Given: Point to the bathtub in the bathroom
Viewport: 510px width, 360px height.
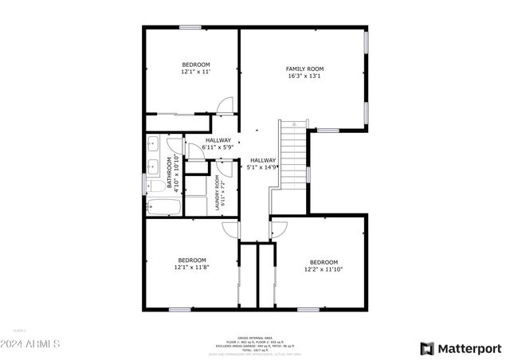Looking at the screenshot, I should pyautogui.click(x=164, y=209).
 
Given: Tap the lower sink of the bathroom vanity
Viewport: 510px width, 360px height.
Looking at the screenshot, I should pyautogui.click(x=153, y=167).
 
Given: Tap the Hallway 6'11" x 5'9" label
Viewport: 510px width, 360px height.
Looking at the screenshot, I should pyautogui.click(x=218, y=143).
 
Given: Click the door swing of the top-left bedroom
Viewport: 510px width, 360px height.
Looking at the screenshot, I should pyautogui.click(x=227, y=106).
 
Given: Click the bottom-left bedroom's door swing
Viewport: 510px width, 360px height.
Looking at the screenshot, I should pyautogui.click(x=230, y=229).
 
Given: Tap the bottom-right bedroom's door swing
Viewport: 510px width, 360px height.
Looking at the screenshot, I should pyautogui.click(x=279, y=229).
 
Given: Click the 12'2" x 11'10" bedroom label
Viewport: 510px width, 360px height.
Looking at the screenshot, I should pyautogui.click(x=324, y=266).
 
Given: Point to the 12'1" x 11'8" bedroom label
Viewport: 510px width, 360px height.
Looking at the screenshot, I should pyautogui.click(x=191, y=264).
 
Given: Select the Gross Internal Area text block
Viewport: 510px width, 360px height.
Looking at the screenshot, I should pyautogui.click(x=255, y=345).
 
